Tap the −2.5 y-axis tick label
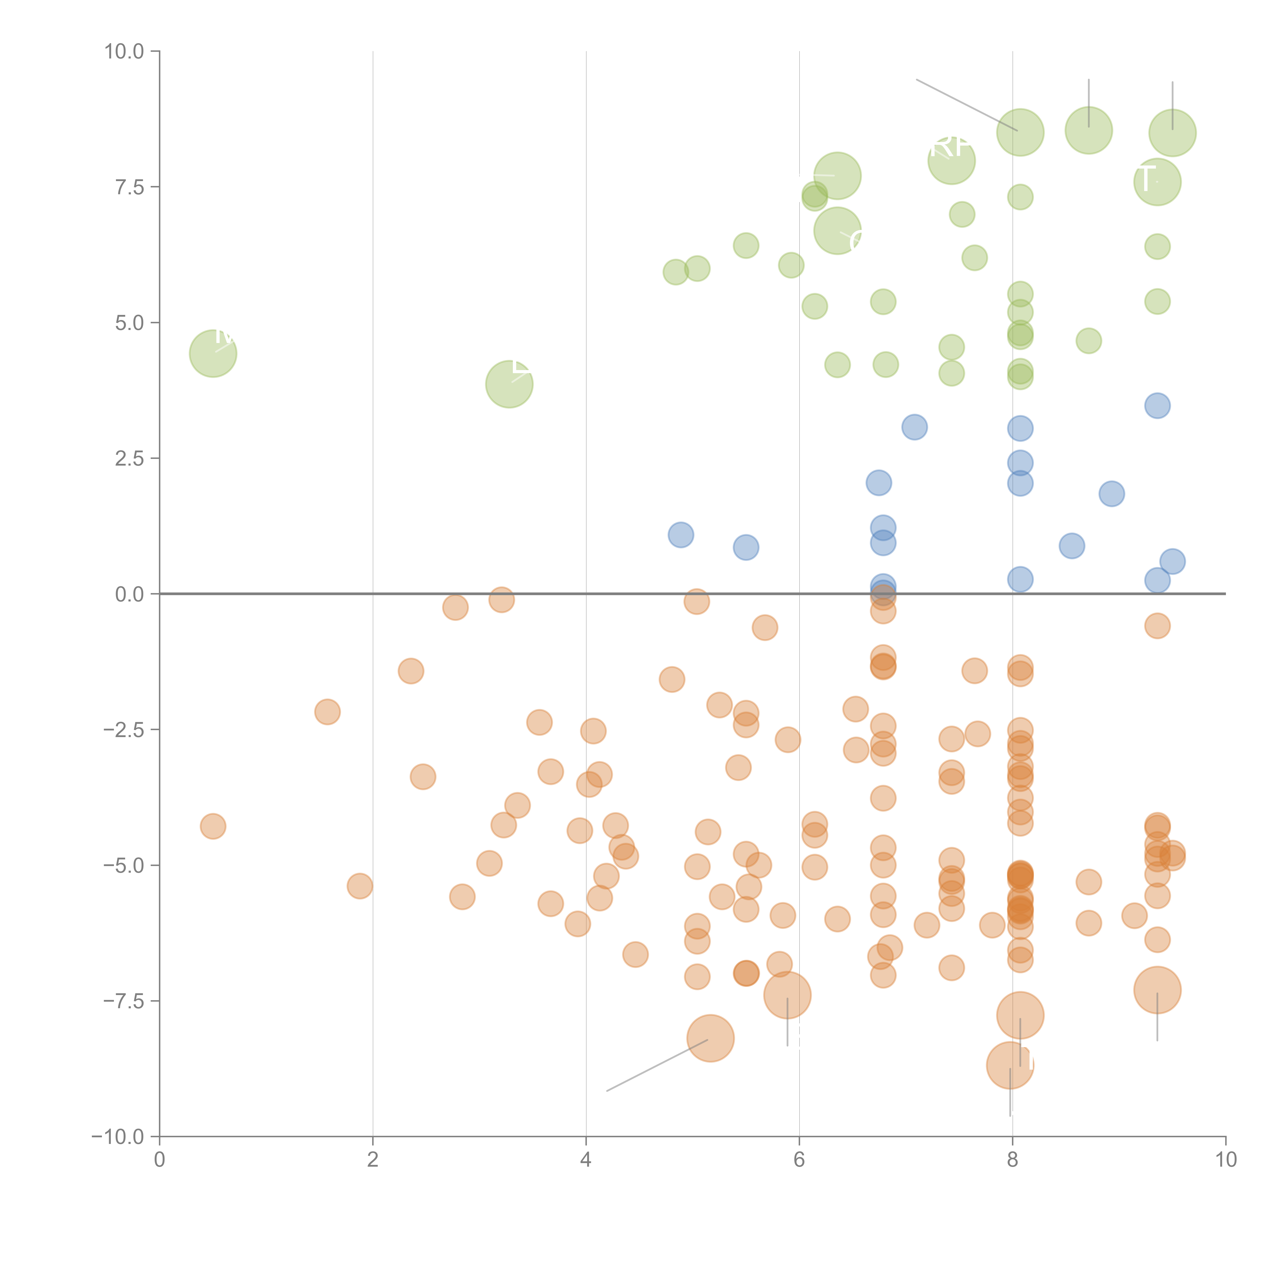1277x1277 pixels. [124, 730]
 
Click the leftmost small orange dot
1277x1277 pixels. [213, 826]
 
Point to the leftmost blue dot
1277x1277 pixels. [681, 535]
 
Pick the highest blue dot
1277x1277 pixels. [1157, 406]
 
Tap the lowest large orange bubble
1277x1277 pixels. [1010, 1066]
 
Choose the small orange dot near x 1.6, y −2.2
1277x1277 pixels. [327, 712]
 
